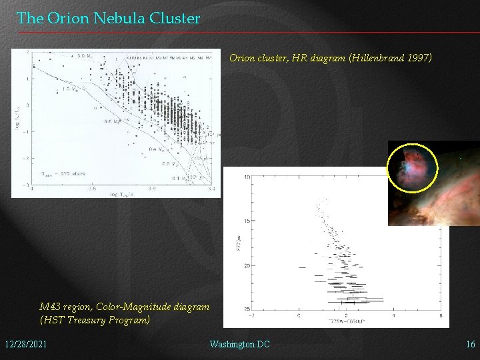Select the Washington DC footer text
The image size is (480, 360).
point(239,344)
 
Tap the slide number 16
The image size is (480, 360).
point(470,344)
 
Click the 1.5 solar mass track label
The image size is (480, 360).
point(69,89)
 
